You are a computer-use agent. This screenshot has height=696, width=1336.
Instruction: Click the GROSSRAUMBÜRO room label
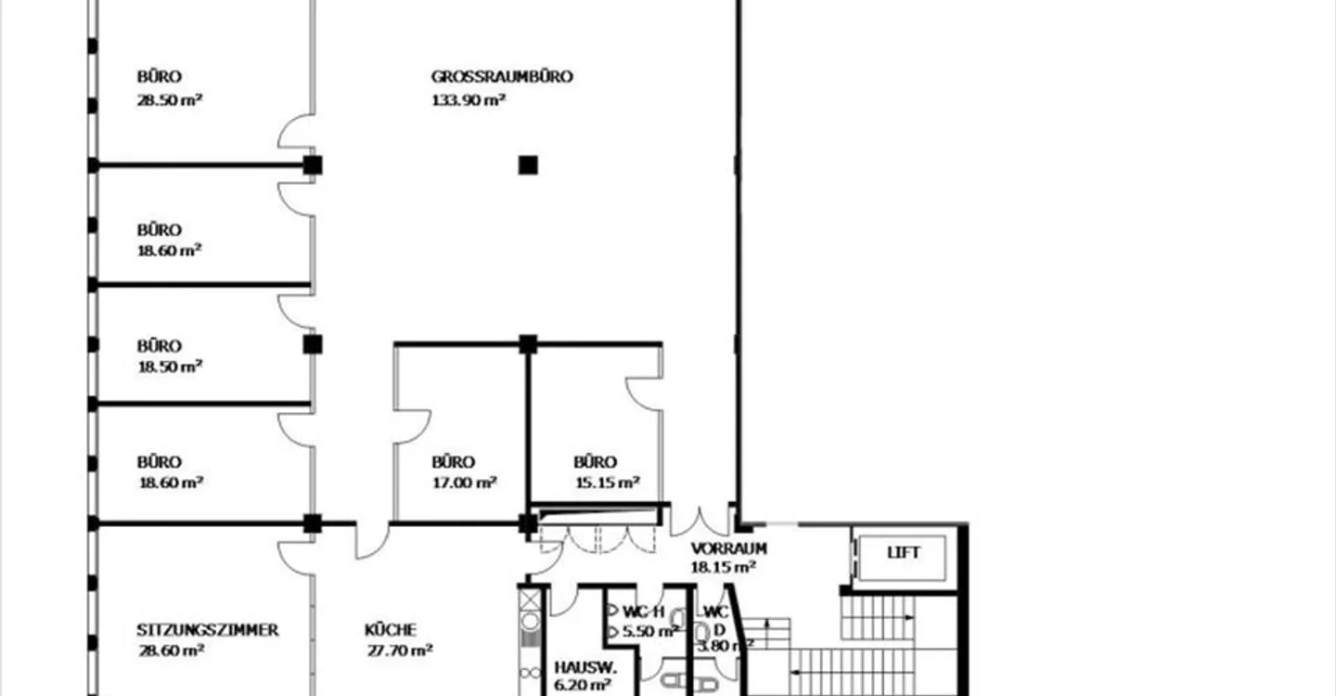pyautogui.click(x=502, y=77)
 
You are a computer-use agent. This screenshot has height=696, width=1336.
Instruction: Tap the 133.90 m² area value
pyautogui.click(x=469, y=99)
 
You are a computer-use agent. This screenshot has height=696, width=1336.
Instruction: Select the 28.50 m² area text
pyautogui.click(x=170, y=99)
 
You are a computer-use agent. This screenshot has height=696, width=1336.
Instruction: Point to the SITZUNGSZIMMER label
pyautogui.click(x=207, y=630)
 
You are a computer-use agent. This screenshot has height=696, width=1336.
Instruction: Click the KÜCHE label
pyautogui.click(x=390, y=630)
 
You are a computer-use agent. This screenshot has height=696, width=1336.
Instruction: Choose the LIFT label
pyautogui.click(x=903, y=552)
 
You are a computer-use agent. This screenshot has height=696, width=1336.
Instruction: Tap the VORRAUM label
pyautogui.click(x=728, y=548)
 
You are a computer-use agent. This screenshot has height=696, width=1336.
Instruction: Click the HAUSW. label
pyautogui.click(x=585, y=667)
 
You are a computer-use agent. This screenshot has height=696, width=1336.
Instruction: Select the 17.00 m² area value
pyautogui.click(x=464, y=483)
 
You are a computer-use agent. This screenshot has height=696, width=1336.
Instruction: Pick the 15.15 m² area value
pyautogui.click(x=607, y=483)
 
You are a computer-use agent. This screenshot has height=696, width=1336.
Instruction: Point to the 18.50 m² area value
pyautogui.click(x=170, y=367)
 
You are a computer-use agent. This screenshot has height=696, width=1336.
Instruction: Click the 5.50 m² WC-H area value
pyautogui.click(x=650, y=631)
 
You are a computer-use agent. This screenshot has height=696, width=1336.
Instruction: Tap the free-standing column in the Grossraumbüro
pyautogui.click(x=528, y=165)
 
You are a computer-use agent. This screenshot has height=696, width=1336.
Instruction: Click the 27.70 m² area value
pyautogui.click(x=400, y=651)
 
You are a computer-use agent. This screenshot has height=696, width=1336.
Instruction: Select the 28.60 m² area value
pyautogui.click(x=171, y=651)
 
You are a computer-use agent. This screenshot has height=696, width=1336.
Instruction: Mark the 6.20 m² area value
pyautogui.click(x=582, y=685)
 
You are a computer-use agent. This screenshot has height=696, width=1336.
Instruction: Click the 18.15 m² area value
pyautogui.click(x=723, y=567)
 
